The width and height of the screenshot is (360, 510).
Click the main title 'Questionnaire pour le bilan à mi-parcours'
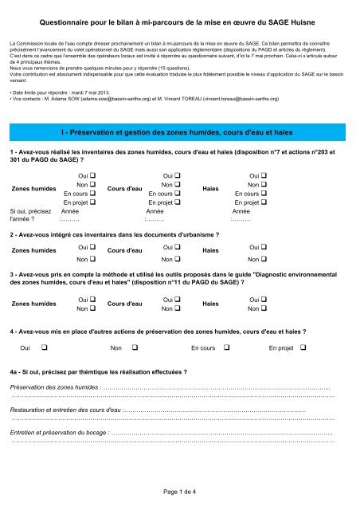179,25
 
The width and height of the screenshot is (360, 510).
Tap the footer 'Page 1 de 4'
179,492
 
